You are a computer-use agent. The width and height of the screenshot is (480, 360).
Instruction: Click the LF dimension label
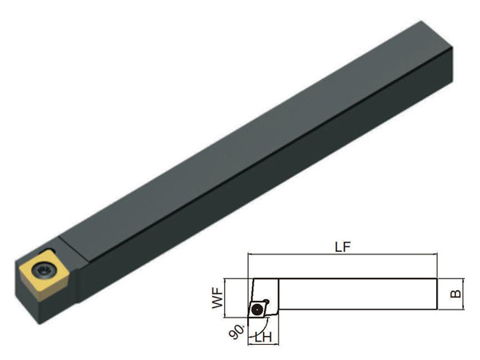tap(342, 246)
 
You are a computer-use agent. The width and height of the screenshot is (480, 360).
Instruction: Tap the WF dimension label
tap(218, 298)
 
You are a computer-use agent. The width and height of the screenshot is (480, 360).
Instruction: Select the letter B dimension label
tap(456, 294)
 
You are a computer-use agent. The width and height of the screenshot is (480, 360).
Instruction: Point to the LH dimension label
tap(263, 337)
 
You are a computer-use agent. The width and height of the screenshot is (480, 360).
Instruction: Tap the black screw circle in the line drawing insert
tap(256, 310)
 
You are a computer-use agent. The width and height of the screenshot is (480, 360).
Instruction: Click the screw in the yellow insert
tap(43, 270)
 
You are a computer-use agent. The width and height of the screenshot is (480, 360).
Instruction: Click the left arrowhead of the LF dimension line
tap(250, 254)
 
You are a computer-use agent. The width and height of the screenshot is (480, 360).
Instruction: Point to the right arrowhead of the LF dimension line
tap(435, 254)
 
